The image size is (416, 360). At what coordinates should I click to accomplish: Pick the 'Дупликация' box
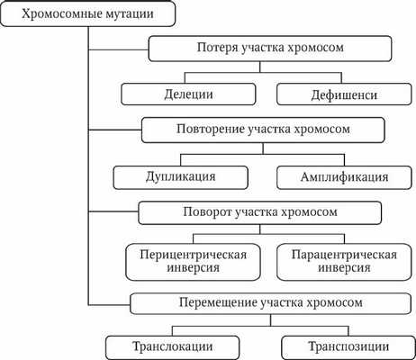pos(179,175)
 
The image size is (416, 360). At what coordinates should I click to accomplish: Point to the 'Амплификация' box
pos(332,175)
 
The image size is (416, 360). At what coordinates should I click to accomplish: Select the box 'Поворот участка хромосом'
pos(261,213)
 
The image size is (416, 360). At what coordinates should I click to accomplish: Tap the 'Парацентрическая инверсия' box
pos(333,260)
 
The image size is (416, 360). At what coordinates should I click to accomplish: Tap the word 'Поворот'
pos(208,213)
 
